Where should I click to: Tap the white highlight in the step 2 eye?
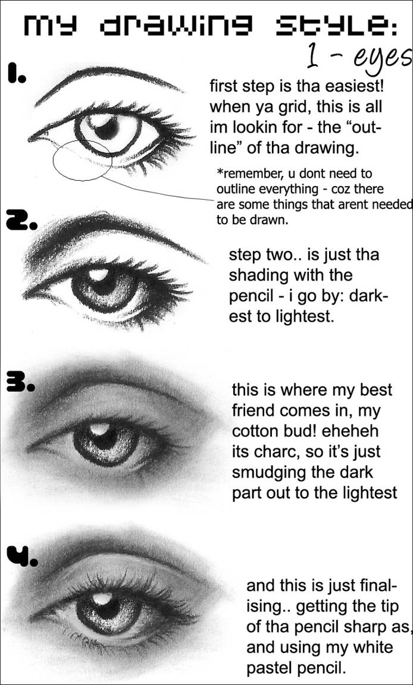click(x=99, y=275)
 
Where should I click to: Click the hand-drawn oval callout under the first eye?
click(x=82, y=159)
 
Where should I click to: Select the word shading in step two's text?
click(x=258, y=276)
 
